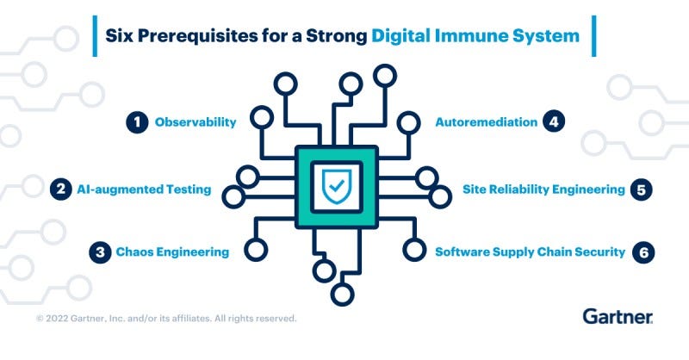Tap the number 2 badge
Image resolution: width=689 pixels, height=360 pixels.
tap(60, 189)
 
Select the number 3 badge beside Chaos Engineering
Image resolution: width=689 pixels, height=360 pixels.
tap(102, 252)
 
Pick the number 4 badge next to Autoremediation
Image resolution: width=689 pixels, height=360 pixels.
tap(554, 122)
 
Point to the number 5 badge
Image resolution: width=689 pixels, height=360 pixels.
tap(640, 189)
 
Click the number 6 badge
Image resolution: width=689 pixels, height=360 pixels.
tap(642, 252)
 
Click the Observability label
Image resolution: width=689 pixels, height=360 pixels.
tap(196, 122)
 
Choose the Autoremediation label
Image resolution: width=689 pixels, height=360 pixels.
tap(486, 122)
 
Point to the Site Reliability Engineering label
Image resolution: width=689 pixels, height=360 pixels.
tap(543, 189)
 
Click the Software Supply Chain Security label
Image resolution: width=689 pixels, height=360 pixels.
tap(529, 252)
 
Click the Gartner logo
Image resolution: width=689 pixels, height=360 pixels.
tap(618, 316)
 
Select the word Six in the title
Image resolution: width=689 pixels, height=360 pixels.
tap(122, 36)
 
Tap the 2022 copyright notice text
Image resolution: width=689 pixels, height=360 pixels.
tap(166, 319)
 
